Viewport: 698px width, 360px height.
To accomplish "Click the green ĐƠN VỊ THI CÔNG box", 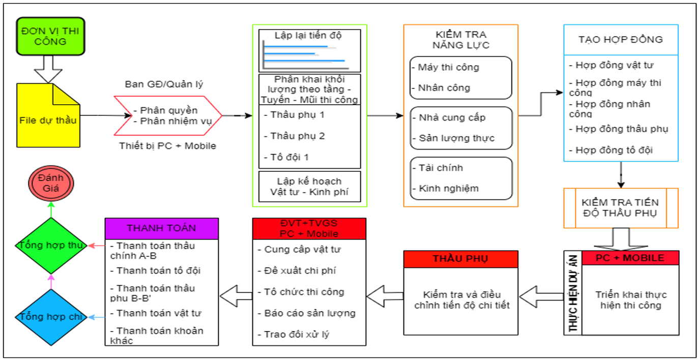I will coord(50,36).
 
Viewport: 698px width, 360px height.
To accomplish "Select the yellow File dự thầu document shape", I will coord(48,120).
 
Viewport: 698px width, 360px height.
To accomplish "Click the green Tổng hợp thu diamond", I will coord(50,245).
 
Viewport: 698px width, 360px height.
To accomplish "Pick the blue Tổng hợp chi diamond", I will coord(50,317).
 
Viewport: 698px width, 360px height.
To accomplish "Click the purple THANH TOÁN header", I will coord(161,228).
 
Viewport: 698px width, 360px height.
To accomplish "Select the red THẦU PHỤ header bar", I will coord(460,259).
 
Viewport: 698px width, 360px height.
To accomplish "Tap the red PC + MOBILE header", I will coord(630,258).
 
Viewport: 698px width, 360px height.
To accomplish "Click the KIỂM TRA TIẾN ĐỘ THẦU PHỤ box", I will coord(621,207).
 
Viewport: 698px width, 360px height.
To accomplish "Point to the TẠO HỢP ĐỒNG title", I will coord(621,40).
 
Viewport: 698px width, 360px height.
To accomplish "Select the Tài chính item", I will coord(441,168).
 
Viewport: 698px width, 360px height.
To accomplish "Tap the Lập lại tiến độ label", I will coord(308,36).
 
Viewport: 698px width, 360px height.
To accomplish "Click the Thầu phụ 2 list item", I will coord(298,136).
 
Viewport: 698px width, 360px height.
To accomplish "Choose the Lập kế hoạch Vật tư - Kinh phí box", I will coord(309,186).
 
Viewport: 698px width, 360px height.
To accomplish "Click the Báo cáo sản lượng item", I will coord(310,313).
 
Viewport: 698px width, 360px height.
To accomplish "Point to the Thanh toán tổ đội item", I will coord(158,271).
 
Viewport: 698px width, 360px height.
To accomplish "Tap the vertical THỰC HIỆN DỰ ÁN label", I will coord(573,293).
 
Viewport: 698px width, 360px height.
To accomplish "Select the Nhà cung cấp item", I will coord(452,117).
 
